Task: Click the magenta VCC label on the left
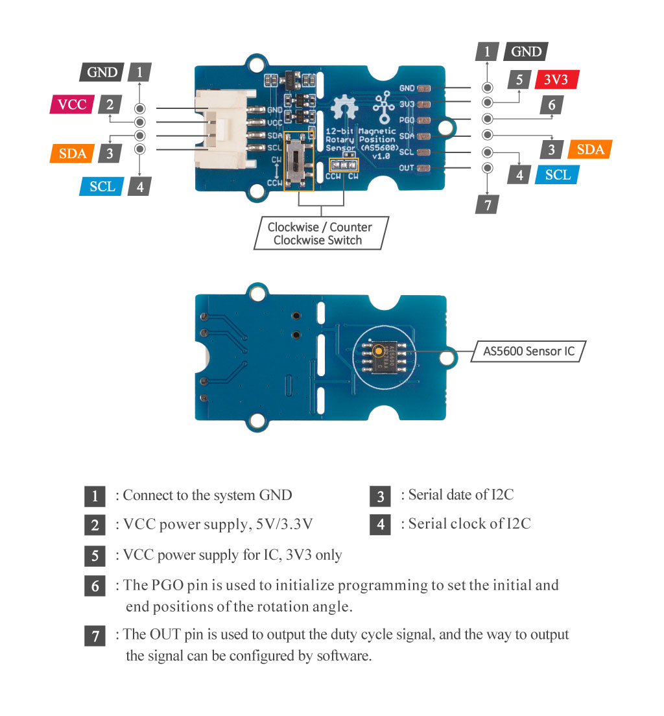72,104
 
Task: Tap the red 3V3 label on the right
556,80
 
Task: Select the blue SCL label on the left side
102,186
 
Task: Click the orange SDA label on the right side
589,149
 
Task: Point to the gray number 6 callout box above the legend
551,105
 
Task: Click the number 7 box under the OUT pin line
487,204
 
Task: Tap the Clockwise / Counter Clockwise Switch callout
320,233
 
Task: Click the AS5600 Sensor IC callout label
528,352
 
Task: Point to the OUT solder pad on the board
425,168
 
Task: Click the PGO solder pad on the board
425,120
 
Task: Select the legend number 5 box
95,556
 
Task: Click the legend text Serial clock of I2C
469,523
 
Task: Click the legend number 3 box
380,497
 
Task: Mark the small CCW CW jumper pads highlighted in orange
344,166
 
